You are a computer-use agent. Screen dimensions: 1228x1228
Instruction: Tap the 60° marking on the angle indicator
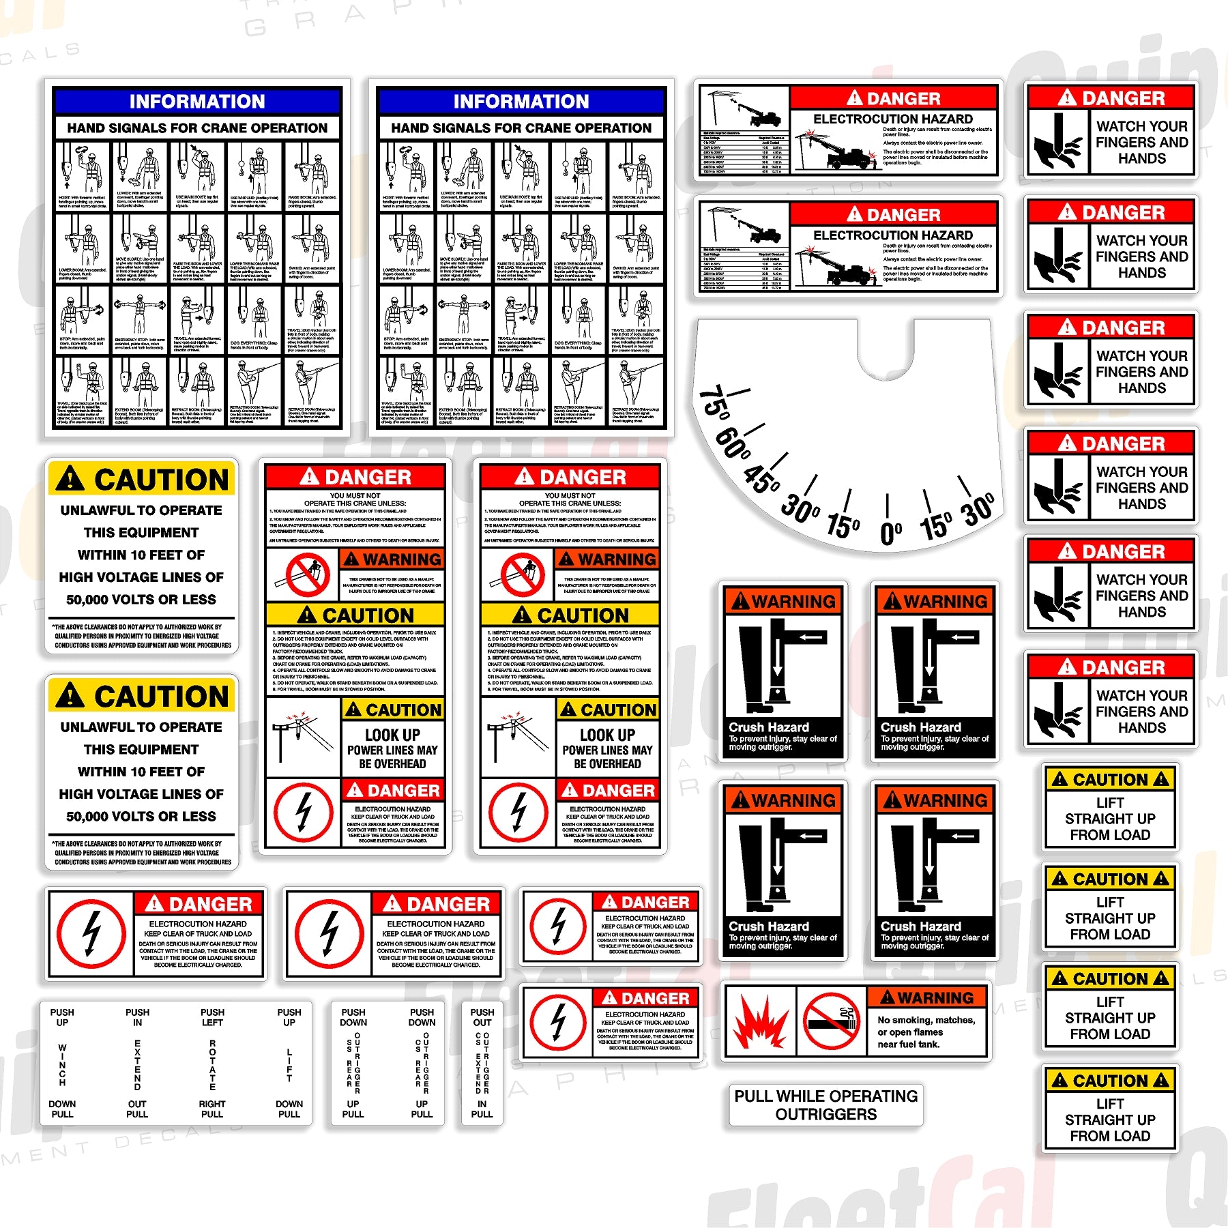pos(733,444)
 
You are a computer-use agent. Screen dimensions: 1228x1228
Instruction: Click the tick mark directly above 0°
pos(888,505)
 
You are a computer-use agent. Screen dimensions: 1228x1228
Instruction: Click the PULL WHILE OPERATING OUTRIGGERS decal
pos(825,1105)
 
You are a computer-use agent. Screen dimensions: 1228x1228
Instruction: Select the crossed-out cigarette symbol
pos(831,1021)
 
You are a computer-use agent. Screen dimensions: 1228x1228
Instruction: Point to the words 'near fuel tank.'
pos(908,1044)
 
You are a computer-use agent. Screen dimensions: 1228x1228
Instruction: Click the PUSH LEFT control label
pos(212,1017)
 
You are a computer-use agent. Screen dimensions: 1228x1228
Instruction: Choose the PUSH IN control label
pos(137,1017)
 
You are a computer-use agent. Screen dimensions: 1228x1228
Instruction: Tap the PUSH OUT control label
pos(482,1017)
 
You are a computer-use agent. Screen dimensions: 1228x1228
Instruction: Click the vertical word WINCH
pos(62,1065)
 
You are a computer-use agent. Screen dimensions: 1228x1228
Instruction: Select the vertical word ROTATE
pos(212,1064)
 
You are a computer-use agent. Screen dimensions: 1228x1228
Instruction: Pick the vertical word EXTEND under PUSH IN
pos(137,1064)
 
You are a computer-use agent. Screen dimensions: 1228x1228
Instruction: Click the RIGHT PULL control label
pos(212,1109)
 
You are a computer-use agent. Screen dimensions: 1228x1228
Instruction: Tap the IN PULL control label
pos(482,1109)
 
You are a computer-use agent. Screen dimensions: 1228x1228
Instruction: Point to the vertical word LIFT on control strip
pos(289,1065)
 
